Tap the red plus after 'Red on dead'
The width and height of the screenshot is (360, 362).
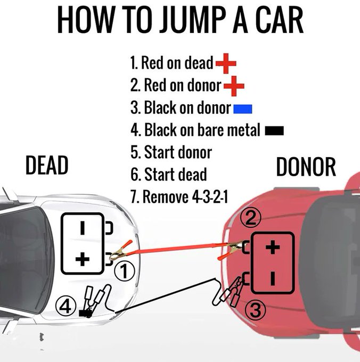tap(226, 64)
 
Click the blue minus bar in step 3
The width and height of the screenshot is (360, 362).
tap(243, 109)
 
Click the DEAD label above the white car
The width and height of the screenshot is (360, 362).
tap(47, 166)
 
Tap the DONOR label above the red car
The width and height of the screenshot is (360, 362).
tap(306, 167)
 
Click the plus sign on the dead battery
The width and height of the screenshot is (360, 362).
tap(82, 259)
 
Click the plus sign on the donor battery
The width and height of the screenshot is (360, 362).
tap(272, 248)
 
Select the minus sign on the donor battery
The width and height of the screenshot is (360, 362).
tap(272, 278)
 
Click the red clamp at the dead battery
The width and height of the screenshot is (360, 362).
tap(118, 253)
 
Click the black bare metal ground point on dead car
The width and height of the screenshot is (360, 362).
tap(84, 314)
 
